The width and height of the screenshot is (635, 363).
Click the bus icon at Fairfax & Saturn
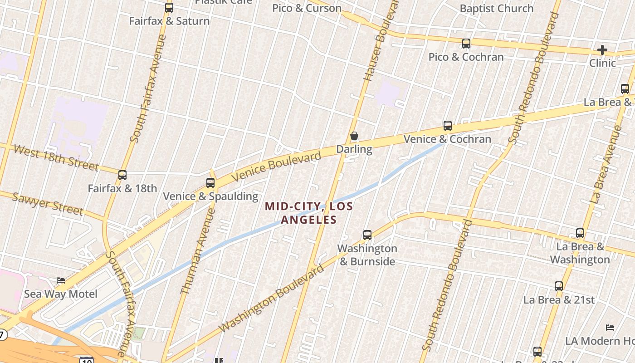(169, 7)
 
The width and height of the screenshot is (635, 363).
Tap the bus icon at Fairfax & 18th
(122, 175)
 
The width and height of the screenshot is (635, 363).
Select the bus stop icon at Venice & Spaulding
(210, 183)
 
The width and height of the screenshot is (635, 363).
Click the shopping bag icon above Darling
(354, 136)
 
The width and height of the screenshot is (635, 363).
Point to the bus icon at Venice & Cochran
(448, 126)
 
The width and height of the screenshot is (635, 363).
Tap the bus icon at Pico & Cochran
(466, 44)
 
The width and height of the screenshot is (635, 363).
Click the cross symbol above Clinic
(602, 49)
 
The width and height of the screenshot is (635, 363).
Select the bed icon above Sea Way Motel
(61, 280)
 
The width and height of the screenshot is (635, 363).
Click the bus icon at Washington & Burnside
(367, 235)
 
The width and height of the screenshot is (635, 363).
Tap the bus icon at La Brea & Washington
(580, 233)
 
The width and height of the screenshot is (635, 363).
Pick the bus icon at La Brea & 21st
(559, 286)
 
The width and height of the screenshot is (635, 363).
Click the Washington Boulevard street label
(272, 298)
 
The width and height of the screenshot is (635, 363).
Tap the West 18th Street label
(56, 157)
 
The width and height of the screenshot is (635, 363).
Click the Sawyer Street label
(48, 204)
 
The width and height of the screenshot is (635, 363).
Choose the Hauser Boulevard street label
(381, 41)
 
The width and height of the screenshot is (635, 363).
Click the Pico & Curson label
(307, 8)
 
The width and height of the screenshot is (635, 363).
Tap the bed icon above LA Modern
(610, 327)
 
